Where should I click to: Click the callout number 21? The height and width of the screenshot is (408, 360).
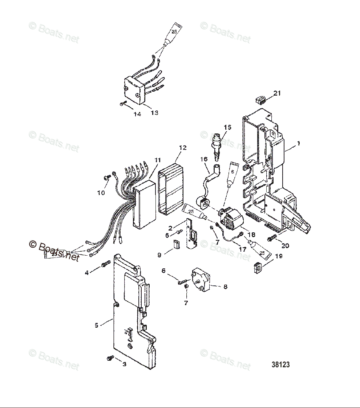277,93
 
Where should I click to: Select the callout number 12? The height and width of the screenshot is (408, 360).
183,148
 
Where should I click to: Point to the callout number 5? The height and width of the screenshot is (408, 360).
97,325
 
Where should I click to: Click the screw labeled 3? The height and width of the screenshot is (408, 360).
109,358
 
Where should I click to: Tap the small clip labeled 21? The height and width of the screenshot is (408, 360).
260,99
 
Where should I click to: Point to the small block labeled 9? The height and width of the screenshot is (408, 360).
176,245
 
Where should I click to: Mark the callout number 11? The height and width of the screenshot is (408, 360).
157,160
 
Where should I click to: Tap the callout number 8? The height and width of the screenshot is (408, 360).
225,287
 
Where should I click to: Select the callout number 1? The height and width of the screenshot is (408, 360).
298,144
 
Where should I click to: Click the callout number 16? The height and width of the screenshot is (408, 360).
203,159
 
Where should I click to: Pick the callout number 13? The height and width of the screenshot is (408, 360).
154,113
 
